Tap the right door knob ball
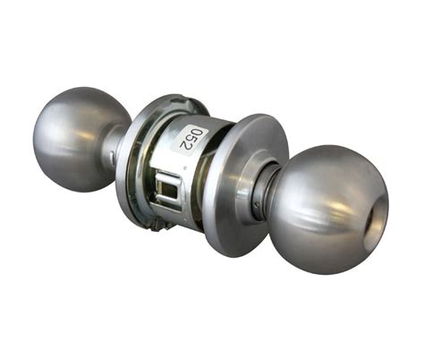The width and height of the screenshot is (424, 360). [x=327, y=208]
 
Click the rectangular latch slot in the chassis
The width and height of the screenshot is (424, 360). [x=168, y=190]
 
